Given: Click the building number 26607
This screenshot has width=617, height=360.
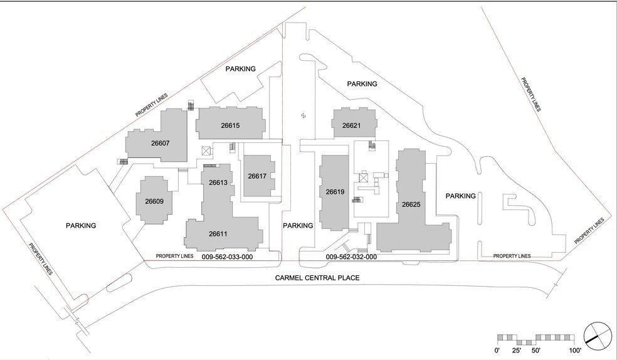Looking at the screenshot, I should tap(161, 142).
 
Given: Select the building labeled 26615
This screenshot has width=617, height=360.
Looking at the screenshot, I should tap(230, 125).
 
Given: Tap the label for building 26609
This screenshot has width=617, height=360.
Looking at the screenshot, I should tap(154, 201).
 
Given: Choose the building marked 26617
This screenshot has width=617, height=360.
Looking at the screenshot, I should tap(258, 176).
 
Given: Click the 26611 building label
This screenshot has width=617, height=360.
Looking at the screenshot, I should tap(217, 234).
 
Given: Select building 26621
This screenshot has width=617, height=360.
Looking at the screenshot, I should tap(351, 125).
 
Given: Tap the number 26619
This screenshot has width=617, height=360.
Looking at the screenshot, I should tap(335, 191).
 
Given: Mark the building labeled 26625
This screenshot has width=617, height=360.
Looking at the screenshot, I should tap(411, 204).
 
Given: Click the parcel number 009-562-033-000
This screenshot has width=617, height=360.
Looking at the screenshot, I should tap(227, 257).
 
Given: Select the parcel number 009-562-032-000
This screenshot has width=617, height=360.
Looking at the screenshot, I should tap(351, 257).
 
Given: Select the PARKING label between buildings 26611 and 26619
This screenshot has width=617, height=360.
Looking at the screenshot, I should tap(298, 226).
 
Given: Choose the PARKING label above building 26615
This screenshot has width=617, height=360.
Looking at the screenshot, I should tap(240, 69).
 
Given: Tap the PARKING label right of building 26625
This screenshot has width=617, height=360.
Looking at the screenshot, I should tap(461, 196).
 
